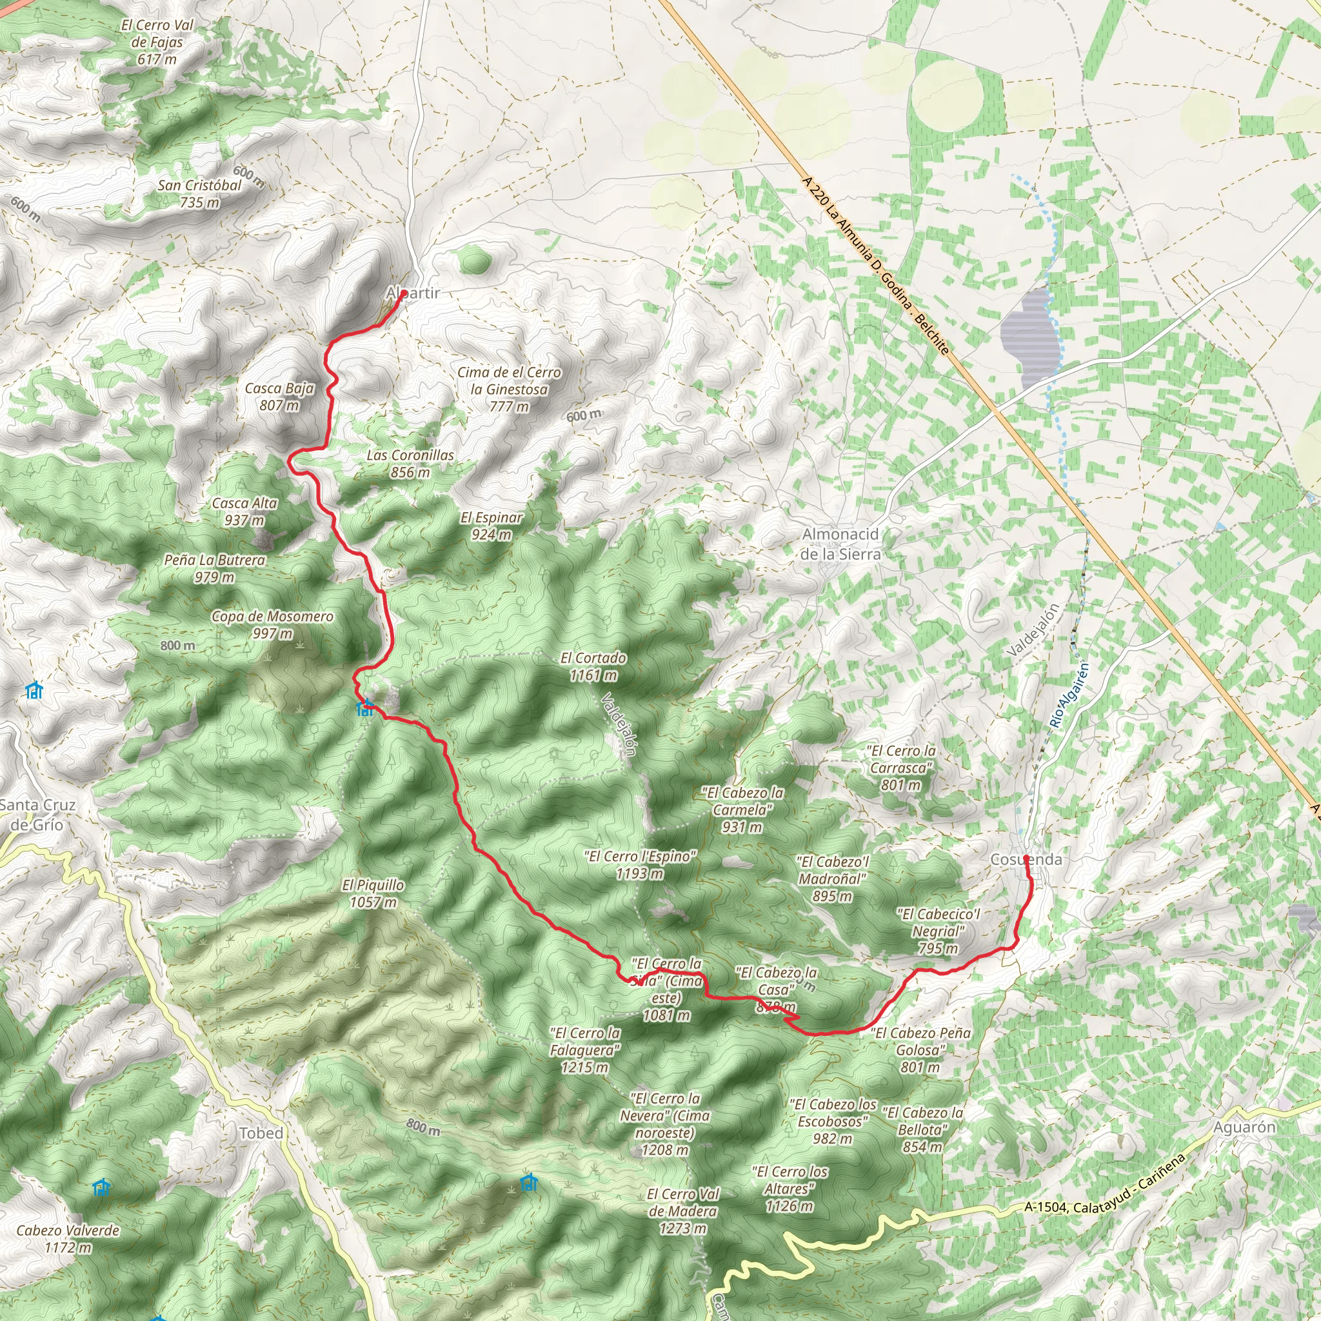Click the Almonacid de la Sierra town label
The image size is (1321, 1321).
point(840,544)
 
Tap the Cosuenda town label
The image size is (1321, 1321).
point(1026,859)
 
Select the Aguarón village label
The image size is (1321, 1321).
point(1244,1127)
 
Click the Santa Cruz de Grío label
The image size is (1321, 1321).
point(37,815)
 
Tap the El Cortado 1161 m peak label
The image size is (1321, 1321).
point(593,666)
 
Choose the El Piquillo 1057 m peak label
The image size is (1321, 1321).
point(373,893)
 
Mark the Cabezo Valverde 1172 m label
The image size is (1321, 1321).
point(68,1238)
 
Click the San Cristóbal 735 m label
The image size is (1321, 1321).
point(199,194)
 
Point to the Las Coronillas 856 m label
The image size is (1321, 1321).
point(410,463)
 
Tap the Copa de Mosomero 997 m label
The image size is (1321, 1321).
point(272,624)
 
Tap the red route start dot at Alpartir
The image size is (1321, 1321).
point(403,293)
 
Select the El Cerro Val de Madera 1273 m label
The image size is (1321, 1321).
point(682,1211)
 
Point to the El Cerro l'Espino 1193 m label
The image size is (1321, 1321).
point(640,864)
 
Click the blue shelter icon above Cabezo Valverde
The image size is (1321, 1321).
point(102,1187)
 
